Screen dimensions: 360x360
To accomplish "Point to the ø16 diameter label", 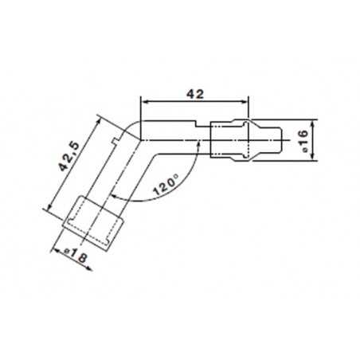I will coord(304,140).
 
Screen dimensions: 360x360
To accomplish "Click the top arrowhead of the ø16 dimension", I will coord(316,123).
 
